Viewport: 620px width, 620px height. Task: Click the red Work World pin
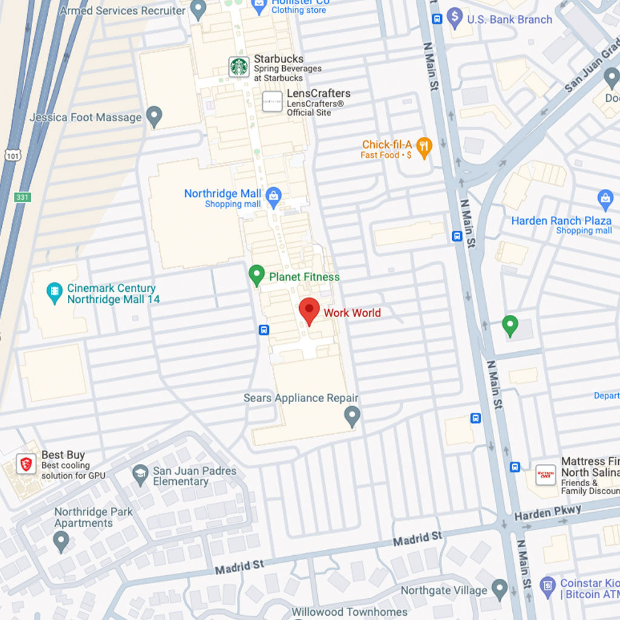[x=309, y=311]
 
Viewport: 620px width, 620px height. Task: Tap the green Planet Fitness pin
[x=257, y=275]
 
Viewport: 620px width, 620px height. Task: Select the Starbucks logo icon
[x=239, y=67]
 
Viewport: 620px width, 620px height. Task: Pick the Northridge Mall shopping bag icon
[x=274, y=197]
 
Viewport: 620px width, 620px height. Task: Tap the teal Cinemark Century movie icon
[x=54, y=293]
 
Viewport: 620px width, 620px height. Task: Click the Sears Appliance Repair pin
[x=352, y=416]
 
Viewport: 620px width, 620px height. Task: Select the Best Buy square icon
[x=25, y=464]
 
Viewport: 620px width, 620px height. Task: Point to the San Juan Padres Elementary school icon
[x=140, y=474]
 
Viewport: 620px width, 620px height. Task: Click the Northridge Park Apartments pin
[x=61, y=541]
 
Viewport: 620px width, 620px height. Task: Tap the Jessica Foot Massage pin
[x=155, y=116]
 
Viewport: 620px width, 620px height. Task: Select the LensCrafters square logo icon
[x=272, y=101]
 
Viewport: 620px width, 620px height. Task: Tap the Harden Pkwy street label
[x=547, y=513]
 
